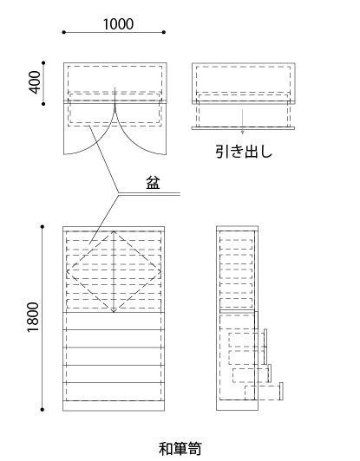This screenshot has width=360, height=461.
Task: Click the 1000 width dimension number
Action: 118,24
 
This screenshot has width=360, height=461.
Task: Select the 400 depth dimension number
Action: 35,82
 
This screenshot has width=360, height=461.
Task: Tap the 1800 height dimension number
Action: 33,317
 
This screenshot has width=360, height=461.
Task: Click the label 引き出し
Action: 244,152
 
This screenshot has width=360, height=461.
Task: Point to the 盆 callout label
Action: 153,183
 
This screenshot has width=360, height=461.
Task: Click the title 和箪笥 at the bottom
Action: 180,449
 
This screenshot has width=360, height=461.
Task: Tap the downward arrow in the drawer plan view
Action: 242,121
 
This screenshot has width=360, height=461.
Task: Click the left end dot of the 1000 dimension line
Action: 64,32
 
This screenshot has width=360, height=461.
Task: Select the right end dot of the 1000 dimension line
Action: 164,32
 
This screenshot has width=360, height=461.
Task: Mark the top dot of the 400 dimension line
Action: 43,63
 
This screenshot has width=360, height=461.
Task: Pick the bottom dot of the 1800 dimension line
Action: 43,410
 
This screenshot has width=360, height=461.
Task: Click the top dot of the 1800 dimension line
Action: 43,227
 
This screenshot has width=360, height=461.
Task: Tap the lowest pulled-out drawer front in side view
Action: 281,391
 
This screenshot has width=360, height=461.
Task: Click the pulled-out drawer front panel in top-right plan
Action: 243,128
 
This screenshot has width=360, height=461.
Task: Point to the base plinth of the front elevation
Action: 114,406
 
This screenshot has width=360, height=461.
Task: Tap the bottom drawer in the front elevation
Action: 114,392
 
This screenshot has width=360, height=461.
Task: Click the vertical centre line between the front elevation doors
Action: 114,272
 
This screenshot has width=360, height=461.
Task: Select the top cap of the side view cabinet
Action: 237,228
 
